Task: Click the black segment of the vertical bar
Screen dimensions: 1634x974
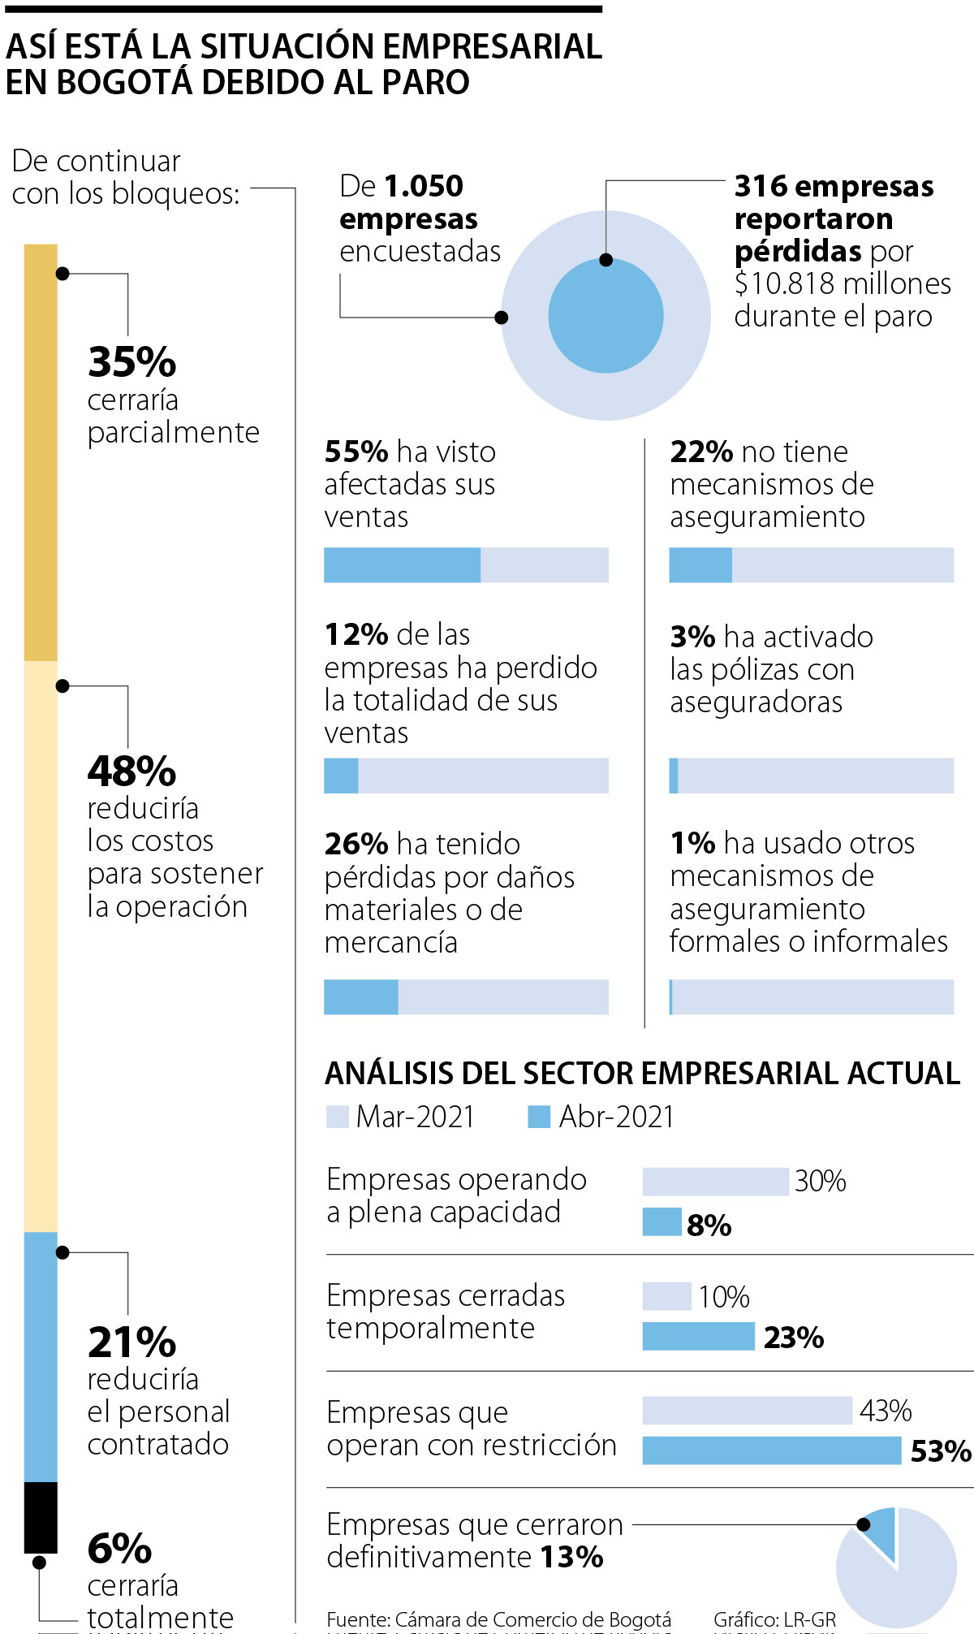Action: click(x=41, y=1516)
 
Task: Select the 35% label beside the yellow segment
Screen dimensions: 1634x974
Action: click(x=131, y=362)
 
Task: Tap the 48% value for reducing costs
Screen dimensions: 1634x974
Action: click(x=131, y=772)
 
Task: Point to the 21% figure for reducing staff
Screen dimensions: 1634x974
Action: click(x=131, y=1342)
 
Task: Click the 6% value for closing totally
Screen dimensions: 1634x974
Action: click(x=119, y=1548)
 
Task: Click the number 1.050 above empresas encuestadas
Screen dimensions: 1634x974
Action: click(x=423, y=186)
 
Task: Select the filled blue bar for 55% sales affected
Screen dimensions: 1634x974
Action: click(x=402, y=565)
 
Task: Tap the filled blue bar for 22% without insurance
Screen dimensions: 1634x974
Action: click(x=700, y=565)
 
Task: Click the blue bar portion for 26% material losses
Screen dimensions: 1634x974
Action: click(x=360, y=997)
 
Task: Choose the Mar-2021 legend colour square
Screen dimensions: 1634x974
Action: click(x=337, y=1117)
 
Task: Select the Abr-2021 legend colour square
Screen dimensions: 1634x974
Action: click(x=539, y=1117)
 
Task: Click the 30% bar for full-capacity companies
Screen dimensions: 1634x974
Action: click(x=714, y=1182)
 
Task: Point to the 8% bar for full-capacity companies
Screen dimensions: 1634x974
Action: click(x=662, y=1222)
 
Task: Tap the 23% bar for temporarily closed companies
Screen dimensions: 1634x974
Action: click(x=698, y=1336)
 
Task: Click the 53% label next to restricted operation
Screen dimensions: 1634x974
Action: click(x=940, y=1451)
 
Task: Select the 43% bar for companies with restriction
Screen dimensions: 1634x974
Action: click(x=747, y=1411)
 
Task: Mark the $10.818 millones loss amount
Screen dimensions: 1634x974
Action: click(x=843, y=283)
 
